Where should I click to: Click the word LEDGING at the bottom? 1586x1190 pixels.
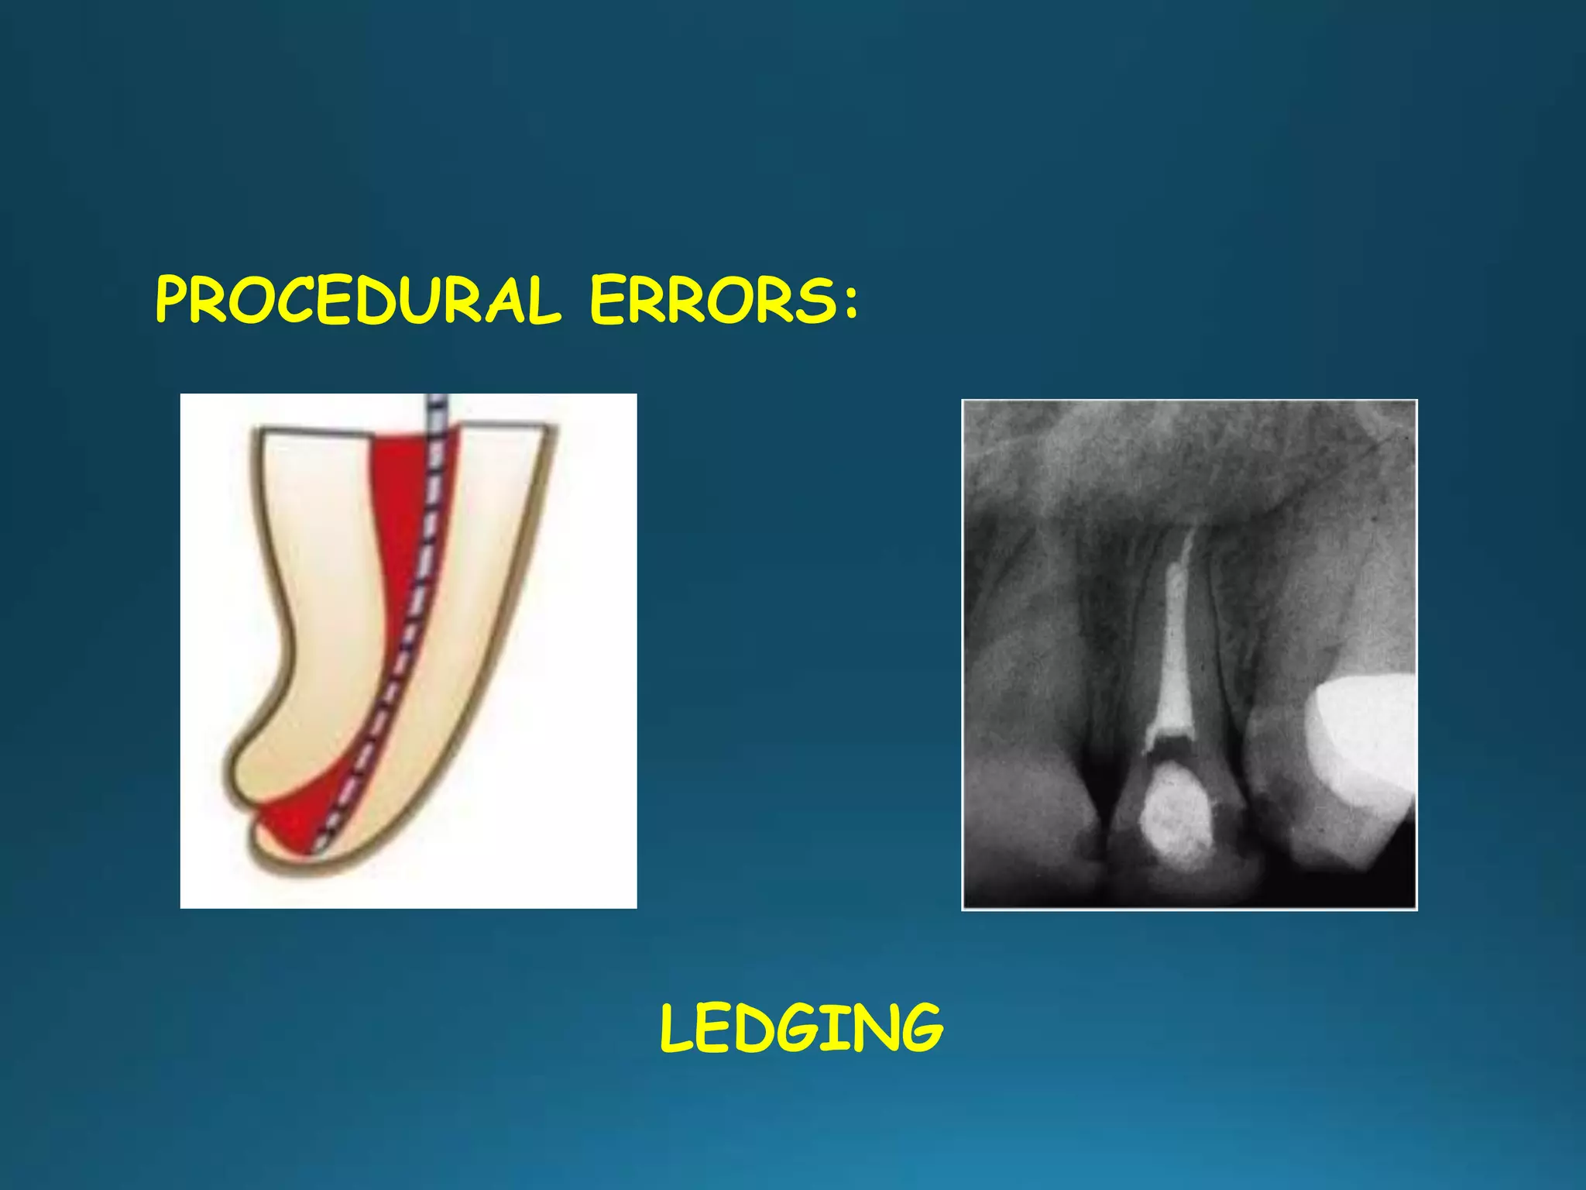802,1029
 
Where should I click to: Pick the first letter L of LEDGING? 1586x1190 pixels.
677,1029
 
